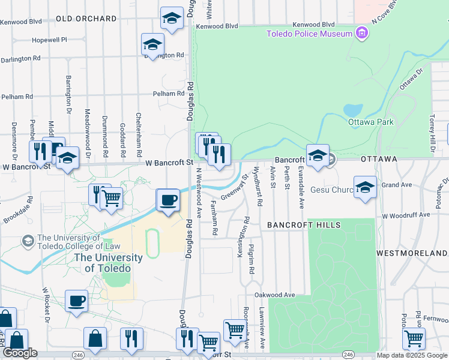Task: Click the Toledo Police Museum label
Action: coord(309,34)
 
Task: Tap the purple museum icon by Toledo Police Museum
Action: coord(361,33)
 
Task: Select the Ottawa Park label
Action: coord(370,122)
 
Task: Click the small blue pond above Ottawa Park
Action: coord(353,110)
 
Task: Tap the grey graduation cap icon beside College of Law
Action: coord(27,241)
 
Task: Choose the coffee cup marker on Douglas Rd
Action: coord(168,200)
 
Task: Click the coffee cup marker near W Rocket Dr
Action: coord(76,301)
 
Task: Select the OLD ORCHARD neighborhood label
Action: coord(86,19)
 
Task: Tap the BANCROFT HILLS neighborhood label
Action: coord(304,225)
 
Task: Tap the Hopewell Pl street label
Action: coord(49,40)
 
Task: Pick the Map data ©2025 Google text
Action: coord(412,355)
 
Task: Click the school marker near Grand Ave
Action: coord(364,187)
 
